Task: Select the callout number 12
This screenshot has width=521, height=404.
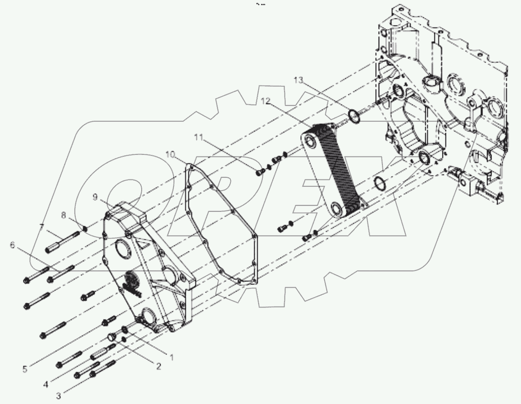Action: point(266,101)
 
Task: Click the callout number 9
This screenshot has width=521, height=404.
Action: point(95,196)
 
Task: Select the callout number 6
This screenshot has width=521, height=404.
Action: point(12,245)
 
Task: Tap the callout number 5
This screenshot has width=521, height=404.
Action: point(25,369)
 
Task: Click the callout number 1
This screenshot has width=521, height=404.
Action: point(172,358)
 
